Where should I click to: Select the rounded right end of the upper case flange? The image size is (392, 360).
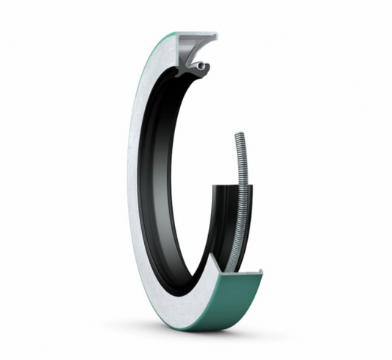(215, 35)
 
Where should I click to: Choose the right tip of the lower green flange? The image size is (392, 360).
(262, 273)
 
